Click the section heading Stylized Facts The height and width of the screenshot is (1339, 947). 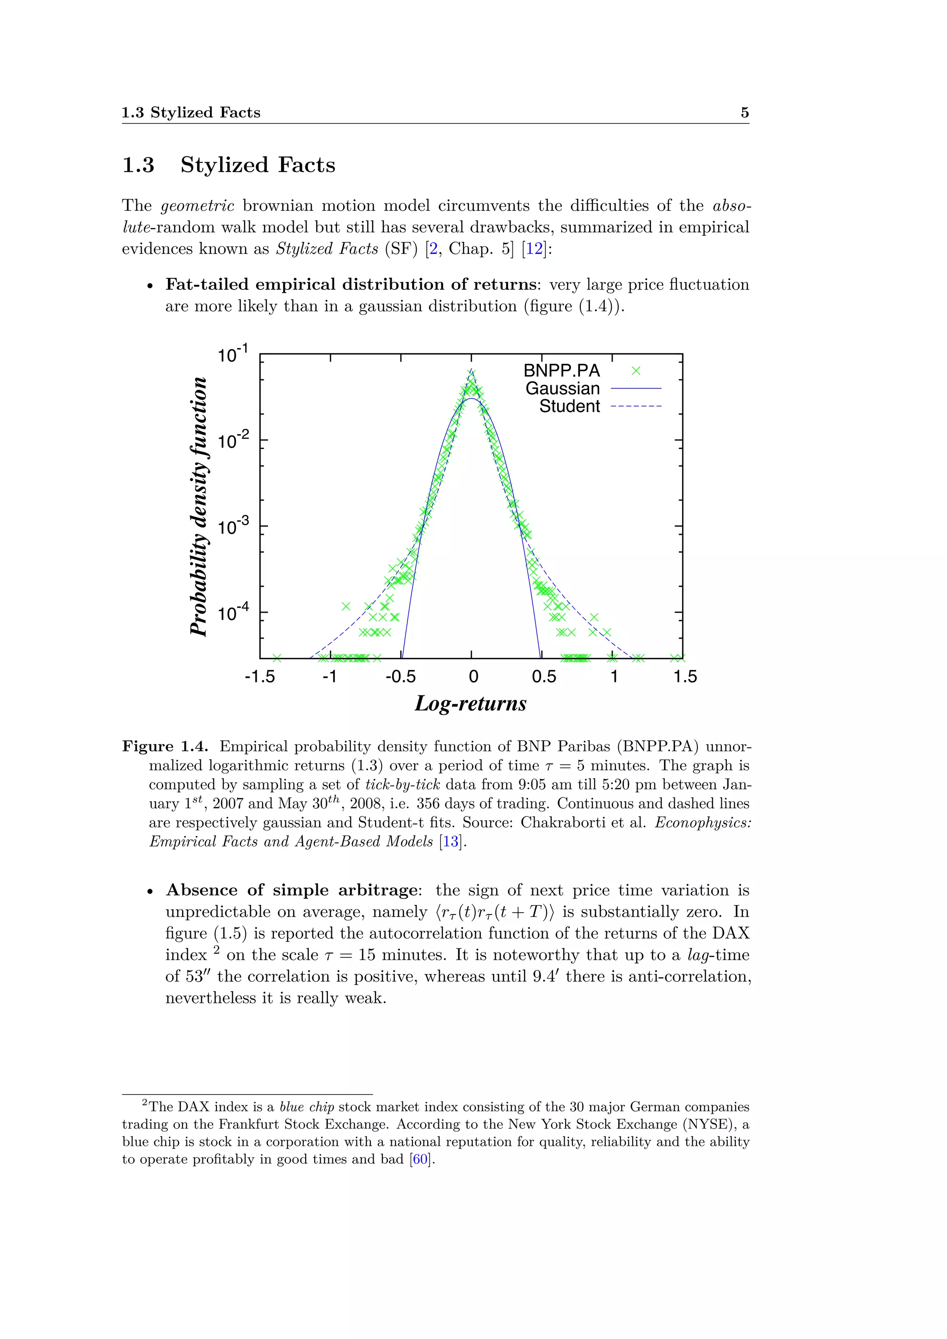pyautogui.click(x=257, y=165)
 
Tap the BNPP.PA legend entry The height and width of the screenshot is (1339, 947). pyautogui.click(x=561, y=371)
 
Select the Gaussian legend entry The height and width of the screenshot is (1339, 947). pyautogui.click(x=562, y=388)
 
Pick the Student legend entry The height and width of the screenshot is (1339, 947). pyautogui.click(x=569, y=406)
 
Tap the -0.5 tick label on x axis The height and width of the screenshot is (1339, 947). pyautogui.click(x=400, y=676)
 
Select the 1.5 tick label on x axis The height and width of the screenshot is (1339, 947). pyautogui.click(x=685, y=676)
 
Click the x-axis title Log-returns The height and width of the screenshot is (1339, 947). pyautogui.click(x=471, y=704)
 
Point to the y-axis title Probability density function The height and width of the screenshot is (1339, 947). pyautogui.click(x=199, y=506)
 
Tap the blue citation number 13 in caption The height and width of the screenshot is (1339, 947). pyautogui.click(x=450, y=841)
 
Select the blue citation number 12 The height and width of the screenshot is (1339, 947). pyautogui.click(x=534, y=249)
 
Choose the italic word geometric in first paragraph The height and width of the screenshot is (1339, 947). pyautogui.click(x=198, y=206)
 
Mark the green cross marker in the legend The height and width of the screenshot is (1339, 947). pyautogui.click(x=636, y=371)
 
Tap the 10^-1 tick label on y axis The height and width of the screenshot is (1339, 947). pyautogui.click(x=233, y=354)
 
